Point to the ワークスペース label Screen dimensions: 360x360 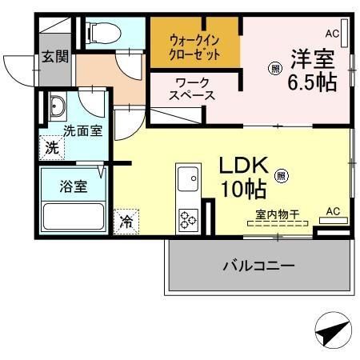click(191, 89)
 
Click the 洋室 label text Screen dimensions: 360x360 click(312, 59)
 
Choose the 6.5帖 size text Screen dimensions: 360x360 click(312, 82)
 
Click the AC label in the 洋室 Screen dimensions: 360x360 click(332, 34)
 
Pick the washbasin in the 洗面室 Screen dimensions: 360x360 click(58, 106)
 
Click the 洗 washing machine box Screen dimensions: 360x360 click(51, 147)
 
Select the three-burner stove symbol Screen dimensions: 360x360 click(189, 218)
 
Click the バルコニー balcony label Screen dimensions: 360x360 click(258, 265)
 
